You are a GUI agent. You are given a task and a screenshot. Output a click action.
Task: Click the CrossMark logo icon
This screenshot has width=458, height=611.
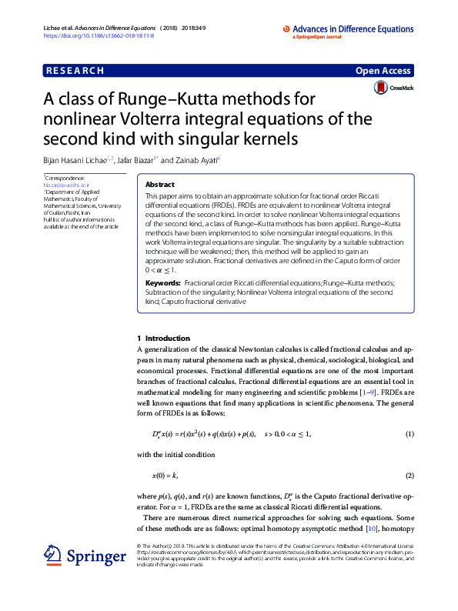click(380, 89)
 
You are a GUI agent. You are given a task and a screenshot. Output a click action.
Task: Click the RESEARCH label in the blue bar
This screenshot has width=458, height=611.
click(75, 70)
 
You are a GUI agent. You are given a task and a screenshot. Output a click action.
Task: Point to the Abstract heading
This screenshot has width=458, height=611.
click(160, 185)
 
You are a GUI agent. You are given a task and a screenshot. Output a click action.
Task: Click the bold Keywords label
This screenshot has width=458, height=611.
click(163, 283)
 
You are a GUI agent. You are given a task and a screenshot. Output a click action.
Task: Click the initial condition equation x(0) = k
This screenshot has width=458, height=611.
click(165, 474)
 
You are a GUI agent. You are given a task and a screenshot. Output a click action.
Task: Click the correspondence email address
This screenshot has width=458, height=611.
click(67, 185)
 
